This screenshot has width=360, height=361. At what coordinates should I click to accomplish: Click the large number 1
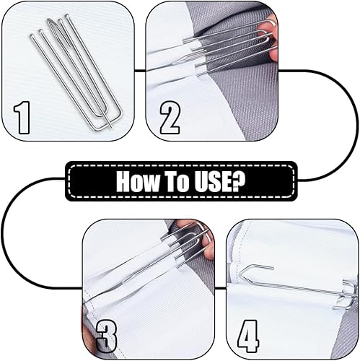(22, 118)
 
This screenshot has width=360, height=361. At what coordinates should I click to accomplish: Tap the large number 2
(170, 118)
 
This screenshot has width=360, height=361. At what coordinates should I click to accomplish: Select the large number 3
(107, 336)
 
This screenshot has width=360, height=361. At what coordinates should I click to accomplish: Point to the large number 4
(248, 336)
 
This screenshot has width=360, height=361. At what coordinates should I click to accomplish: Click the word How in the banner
(138, 181)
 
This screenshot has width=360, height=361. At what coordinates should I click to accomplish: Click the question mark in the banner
(238, 181)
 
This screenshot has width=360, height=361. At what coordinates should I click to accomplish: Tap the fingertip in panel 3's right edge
(208, 251)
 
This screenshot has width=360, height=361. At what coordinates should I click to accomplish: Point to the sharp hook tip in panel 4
(273, 267)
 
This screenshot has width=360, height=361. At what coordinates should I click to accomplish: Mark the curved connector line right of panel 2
(358, 125)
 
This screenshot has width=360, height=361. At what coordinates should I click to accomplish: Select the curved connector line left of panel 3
(3, 233)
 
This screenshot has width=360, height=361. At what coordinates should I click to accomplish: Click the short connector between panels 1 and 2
(140, 71)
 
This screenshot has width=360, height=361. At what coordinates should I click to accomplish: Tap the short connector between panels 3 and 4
(220, 288)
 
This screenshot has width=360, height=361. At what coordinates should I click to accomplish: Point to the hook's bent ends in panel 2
(268, 35)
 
